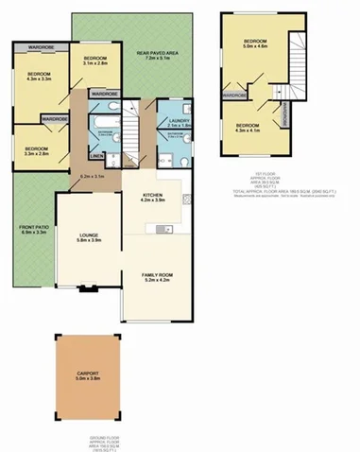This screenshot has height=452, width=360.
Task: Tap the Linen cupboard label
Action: click(x=96, y=156)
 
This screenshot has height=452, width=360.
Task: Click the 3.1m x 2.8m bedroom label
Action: click(x=95, y=61)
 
